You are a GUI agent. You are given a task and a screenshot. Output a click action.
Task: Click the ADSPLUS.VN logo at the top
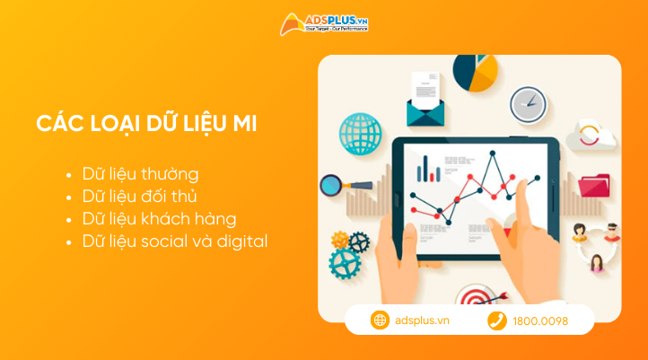(324, 23)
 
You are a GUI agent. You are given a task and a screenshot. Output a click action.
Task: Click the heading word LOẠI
(118, 124)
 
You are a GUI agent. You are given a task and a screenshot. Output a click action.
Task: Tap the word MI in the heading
(244, 124)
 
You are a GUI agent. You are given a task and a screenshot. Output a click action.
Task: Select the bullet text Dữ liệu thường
(140, 173)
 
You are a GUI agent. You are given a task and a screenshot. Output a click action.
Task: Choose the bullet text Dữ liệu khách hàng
(159, 218)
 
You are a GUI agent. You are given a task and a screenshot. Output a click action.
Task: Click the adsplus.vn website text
(422, 320)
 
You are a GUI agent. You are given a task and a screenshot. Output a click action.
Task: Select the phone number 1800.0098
(539, 320)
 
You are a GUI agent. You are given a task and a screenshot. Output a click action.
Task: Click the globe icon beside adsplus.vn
(380, 320)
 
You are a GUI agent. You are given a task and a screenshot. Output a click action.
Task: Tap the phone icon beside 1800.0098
(496, 320)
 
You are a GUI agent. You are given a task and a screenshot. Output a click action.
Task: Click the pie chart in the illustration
(475, 72)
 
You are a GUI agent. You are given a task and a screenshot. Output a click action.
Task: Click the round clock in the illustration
(528, 105)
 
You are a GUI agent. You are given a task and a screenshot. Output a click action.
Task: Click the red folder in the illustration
(593, 185)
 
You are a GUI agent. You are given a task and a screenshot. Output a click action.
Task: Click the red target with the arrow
(473, 297)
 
